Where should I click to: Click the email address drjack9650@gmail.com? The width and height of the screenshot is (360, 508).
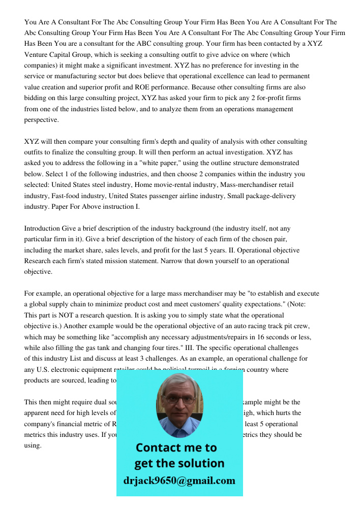point(179,481)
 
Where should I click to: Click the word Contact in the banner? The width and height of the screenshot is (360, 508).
point(161,448)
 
